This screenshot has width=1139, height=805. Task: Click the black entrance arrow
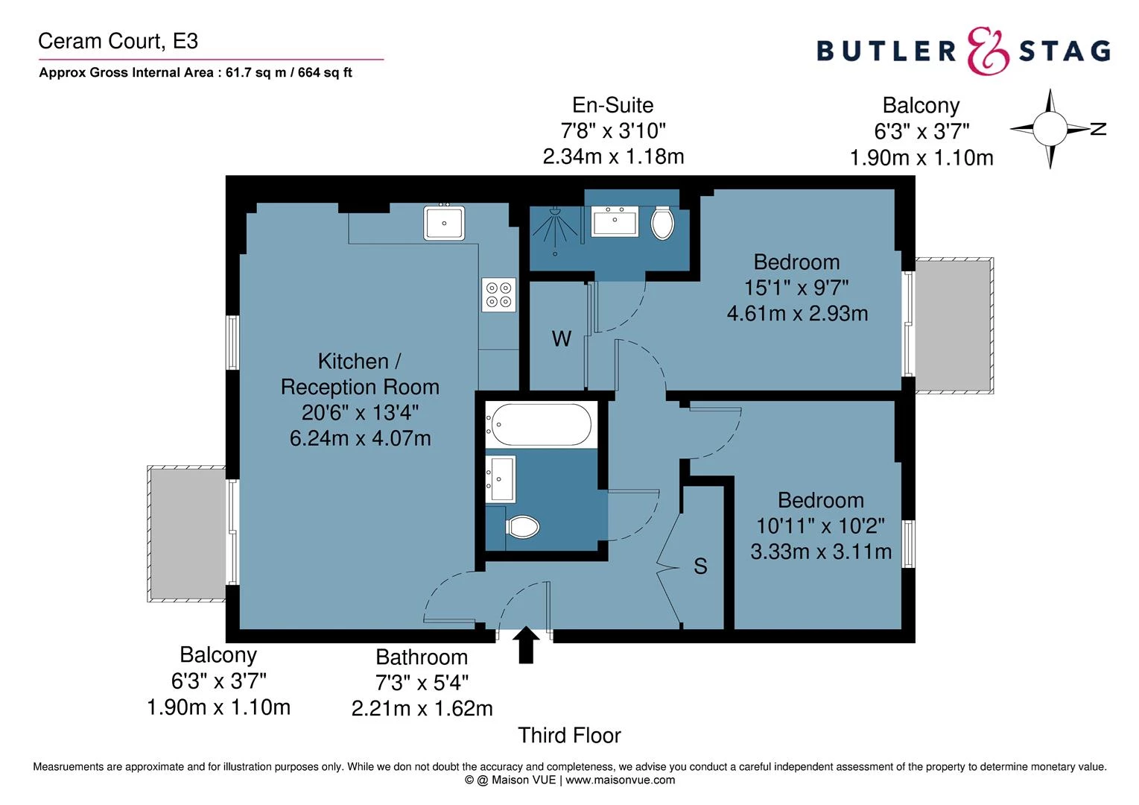526,644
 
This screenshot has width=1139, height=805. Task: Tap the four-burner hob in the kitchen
498,294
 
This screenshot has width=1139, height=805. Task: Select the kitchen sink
444,223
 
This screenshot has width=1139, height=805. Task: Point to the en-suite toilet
661,222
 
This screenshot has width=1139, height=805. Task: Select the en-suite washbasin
615,221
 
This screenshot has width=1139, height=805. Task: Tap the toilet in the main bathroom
523,527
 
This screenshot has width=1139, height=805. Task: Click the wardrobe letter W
561,339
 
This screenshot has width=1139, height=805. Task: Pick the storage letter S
700,566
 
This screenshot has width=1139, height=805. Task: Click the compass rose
1050,128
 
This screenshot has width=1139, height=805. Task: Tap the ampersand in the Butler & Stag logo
988,51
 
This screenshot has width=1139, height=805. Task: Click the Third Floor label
569,736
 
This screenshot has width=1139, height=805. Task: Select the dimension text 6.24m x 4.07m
360,438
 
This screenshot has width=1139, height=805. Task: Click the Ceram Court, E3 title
118,41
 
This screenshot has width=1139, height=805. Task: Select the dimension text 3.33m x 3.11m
820,552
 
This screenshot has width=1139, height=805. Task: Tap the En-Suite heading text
612,105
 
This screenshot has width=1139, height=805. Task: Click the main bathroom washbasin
501,479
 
